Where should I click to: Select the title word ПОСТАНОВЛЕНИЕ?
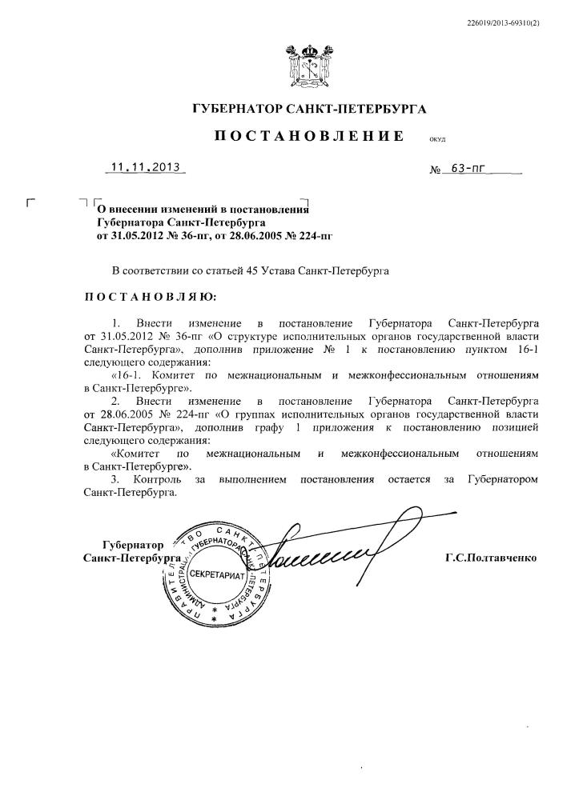308,137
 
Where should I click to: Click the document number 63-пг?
468,170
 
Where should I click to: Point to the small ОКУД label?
437,139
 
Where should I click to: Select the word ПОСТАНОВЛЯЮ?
151,297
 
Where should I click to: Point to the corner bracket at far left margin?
31,202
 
